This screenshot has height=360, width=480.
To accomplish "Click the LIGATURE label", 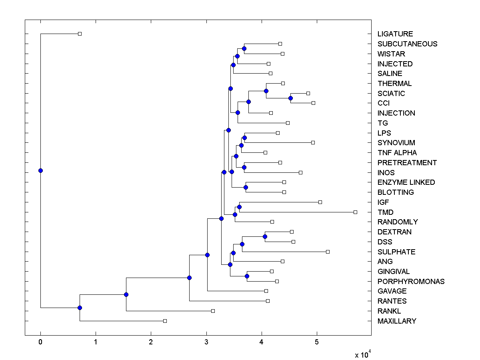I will (x=395, y=34).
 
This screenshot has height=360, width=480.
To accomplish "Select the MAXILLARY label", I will (x=397, y=321).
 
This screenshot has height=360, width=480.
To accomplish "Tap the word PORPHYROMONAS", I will (x=411, y=282).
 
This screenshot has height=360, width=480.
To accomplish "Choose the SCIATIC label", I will (x=391, y=94).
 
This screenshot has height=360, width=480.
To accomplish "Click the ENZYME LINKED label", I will (x=406, y=182).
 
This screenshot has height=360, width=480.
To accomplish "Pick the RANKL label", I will (x=389, y=311).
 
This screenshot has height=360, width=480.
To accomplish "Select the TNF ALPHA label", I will (x=397, y=153).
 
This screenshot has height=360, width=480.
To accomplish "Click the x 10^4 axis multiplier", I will (x=363, y=354).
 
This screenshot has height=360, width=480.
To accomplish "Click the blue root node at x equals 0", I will (x=40, y=170).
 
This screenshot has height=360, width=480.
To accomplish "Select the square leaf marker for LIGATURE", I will (x=80, y=34).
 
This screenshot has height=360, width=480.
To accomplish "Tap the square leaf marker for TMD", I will (x=355, y=212).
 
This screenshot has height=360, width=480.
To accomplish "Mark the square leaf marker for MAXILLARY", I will (x=165, y=321).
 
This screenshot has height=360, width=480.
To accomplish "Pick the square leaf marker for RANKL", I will (x=213, y=311).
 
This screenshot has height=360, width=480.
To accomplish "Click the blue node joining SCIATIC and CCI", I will (x=291, y=98).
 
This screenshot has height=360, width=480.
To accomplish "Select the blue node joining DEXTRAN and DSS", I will (x=265, y=236).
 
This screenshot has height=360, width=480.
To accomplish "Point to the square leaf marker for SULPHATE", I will (x=328, y=252).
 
